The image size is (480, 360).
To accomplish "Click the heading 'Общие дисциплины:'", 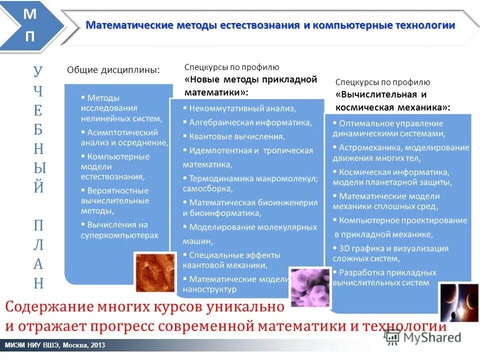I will coord(113,70).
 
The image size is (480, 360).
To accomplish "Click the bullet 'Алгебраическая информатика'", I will coord(250,122).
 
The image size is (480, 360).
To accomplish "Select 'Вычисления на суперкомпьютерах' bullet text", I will coord(119,230).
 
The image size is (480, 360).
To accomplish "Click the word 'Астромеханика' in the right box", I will coord(369,147).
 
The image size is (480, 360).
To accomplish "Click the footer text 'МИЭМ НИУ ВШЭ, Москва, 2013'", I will coord(55,345).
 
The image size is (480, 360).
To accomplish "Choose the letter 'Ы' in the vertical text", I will coord(38,168).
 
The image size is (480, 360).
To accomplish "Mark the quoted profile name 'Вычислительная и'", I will coord(381,94).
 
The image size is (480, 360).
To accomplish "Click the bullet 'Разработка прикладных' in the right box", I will coord(387,272).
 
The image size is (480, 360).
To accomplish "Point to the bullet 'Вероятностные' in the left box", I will coord(117,190).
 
